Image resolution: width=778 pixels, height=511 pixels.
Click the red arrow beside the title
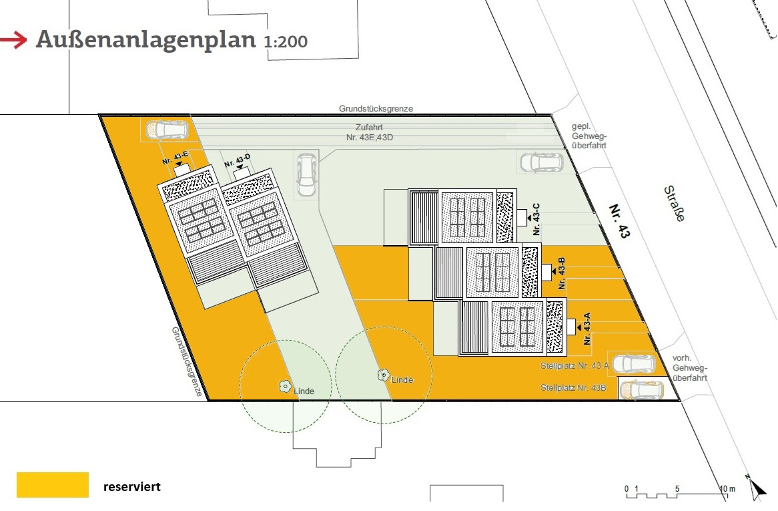pyautogui.click(x=13, y=39)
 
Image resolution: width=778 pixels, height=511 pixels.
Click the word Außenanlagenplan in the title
pyautogui.click(x=146, y=39)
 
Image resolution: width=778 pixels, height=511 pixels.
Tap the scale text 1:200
pyautogui.click(x=286, y=41)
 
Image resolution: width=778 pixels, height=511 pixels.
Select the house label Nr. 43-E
pyautogui.click(x=175, y=158)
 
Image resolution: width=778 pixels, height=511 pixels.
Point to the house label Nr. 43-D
pyautogui.click(x=237, y=160)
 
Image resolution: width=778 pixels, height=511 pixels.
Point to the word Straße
pyautogui.click(x=675, y=204)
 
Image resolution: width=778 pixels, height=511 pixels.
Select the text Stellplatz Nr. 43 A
pyautogui.click(x=574, y=365)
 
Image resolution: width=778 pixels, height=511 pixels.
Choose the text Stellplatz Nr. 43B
pyautogui.click(x=573, y=388)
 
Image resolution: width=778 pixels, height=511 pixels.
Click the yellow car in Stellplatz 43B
pyautogui.click(x=642, y=389)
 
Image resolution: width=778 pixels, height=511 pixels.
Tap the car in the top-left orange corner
pyautogui.click(x=167, y=130)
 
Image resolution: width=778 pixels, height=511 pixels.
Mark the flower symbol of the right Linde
pyautogui.click(x=383, y=375)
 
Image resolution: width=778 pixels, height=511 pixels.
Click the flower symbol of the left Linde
pyautogui.click(x=285, y=386)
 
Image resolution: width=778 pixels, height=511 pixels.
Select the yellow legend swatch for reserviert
pyautogui.click(x=53, y=485)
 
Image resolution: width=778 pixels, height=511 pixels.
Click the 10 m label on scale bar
pyautogui.click(x=727, y=489)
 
